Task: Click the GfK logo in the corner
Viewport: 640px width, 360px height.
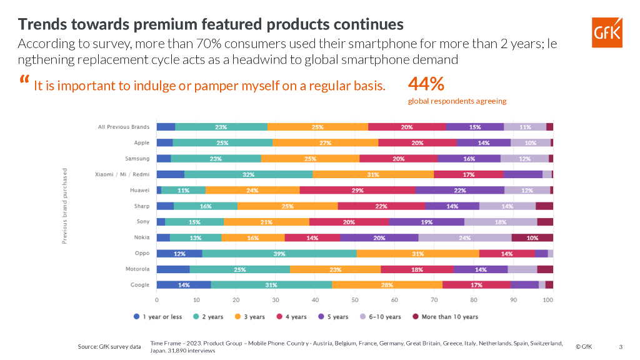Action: [607, 32]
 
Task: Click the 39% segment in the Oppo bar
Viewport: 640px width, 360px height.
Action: [279, 253]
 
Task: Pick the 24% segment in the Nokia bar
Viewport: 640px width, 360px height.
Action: [464, 237]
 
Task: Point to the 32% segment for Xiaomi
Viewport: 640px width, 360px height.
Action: [249, 174]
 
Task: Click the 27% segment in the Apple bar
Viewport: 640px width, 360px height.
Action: [325, 142]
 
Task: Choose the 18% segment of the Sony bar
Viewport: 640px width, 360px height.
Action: [500, 222]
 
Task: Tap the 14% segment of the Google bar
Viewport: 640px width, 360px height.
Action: [184, 285]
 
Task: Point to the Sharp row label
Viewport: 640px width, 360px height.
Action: [141, 206]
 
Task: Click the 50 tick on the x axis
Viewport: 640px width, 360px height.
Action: [354, 300]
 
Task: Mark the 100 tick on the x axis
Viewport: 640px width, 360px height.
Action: [549, 300]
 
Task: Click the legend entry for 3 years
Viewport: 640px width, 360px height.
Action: [249, 317]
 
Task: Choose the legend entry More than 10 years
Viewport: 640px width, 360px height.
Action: [444, 317]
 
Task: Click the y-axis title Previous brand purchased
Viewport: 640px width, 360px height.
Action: [65, 206]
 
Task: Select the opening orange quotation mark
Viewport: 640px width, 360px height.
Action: [24, 81]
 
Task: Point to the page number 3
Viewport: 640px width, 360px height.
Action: [620, 346]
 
